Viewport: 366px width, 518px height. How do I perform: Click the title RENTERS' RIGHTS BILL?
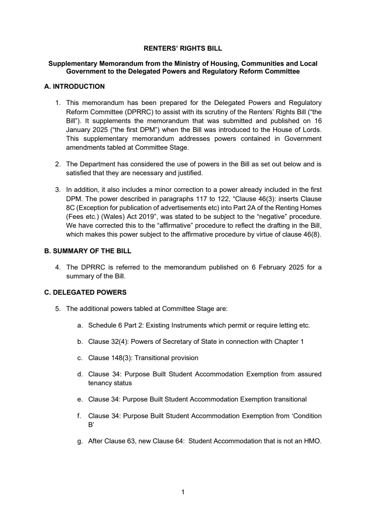point(183,48)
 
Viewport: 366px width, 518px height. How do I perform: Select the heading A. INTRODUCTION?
point(74,87)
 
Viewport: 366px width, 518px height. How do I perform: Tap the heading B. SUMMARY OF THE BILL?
point(88,251)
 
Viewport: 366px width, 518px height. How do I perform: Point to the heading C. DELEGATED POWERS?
point(85,292)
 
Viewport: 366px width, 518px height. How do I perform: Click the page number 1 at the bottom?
point(183,492)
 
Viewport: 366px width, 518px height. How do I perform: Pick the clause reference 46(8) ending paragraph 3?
point(311,234)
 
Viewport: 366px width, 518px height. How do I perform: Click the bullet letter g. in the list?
point(80,441)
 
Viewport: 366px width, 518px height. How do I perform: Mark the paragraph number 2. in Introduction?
point(58,164)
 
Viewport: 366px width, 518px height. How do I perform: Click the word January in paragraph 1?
point(78,130)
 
